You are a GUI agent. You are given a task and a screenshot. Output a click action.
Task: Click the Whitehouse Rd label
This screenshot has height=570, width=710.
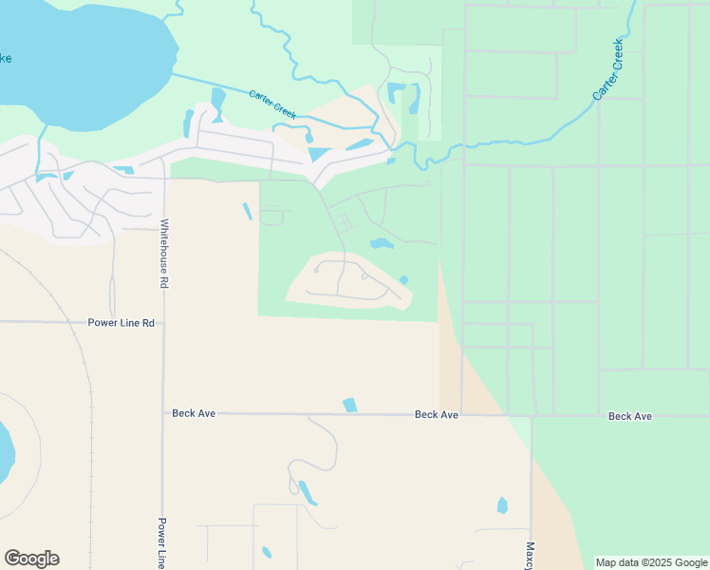[x=163, y=254]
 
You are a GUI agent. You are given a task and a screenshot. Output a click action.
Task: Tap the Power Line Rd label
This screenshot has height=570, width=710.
[x=121, y=323]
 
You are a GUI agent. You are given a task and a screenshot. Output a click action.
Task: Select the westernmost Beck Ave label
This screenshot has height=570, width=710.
[x=196, y=413]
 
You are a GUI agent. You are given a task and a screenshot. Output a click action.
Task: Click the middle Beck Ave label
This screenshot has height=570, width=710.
[x=437, y=415]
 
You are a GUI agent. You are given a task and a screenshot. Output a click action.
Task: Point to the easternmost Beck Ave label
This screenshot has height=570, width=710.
[x=629, y=416]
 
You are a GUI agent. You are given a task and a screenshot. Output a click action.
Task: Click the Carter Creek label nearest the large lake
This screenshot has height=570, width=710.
[x=272, y=104]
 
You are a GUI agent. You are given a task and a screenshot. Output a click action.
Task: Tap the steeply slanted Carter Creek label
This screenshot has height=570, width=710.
[x=607, y=70]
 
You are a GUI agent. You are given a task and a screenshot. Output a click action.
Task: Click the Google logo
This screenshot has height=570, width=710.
[x=31, y=559]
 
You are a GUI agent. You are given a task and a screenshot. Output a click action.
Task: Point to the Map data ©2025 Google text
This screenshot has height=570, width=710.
[x=651, y=562]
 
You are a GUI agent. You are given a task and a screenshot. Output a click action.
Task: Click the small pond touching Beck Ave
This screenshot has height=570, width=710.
[x=350, y=405]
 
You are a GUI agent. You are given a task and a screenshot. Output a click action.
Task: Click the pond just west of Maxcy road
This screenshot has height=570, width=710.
[x=502, y=505]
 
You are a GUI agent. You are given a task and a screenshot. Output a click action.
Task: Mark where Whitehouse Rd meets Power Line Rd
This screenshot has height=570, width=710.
[x=163, y=323]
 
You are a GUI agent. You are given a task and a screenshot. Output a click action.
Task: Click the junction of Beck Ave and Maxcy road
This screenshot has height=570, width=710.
[x=532, y=415]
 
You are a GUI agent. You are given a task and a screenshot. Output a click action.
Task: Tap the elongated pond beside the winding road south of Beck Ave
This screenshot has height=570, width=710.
[x=308, y=492]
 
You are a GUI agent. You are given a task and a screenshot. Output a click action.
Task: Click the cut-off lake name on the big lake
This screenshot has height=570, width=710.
[x=5, y=59]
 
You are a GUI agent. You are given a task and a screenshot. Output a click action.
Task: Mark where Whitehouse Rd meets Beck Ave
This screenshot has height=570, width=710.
[x=163, y=413]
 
